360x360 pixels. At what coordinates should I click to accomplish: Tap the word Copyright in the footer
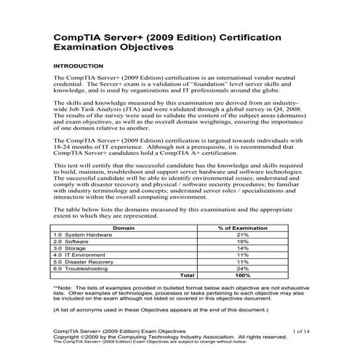pyautogui.click(x=67, y=337)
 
